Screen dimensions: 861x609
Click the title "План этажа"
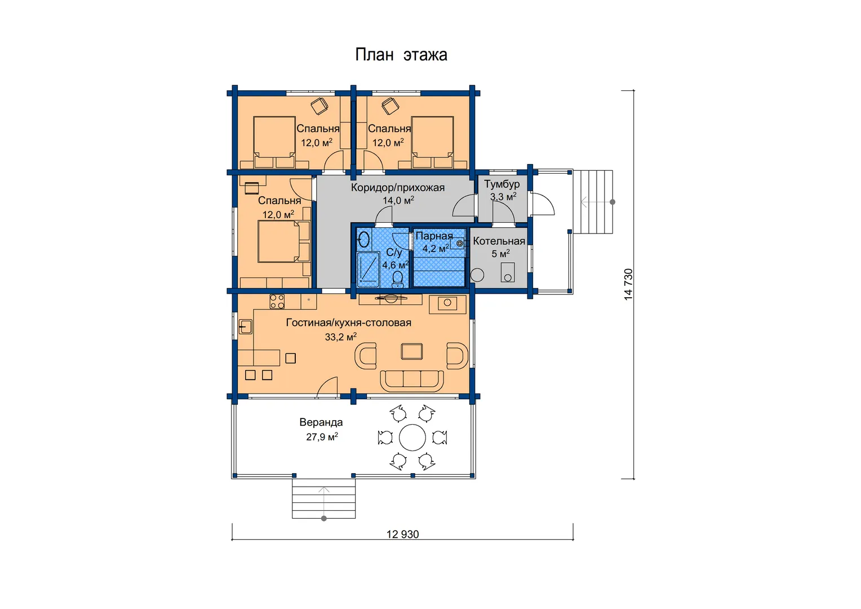click(401, 55)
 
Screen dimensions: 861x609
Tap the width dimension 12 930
click(402, 535)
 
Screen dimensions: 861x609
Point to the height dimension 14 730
click(628, 285)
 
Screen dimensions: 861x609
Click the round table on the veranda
click(412, 438)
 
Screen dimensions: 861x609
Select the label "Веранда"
click(321, 422)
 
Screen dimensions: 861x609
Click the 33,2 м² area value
click(340, 337)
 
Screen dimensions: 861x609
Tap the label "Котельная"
click(499, 241)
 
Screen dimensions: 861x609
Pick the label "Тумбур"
click(501, 184)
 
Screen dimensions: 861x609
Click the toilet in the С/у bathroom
click(397, 279)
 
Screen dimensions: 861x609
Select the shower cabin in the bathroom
click(368, 270)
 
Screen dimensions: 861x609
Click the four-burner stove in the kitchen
click(277, 302)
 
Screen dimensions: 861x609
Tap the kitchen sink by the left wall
click(245, 327)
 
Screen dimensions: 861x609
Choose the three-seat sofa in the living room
click(412, 381)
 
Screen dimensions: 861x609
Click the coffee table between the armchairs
click(412, 351)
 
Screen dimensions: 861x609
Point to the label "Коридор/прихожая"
click(397, 188)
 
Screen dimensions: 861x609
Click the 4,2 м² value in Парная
click(436, 249)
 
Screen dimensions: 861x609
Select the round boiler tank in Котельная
click(477, 275)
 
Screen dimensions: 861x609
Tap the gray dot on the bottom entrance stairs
click(323, 519)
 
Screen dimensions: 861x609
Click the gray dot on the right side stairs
click(613, 202)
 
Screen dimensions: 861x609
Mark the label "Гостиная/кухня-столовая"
click(348, 323)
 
